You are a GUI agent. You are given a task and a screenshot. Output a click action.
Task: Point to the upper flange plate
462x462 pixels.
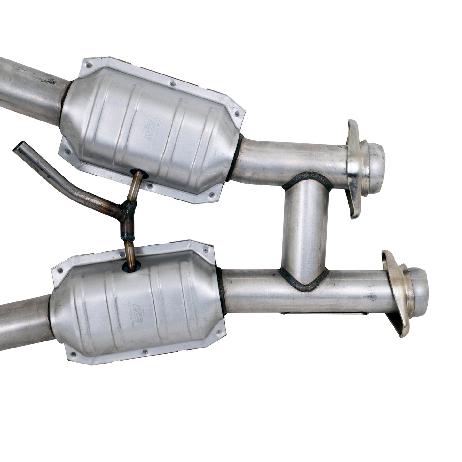pos(353,169)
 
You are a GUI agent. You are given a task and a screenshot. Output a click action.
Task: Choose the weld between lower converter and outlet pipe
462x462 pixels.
pos(221,288)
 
